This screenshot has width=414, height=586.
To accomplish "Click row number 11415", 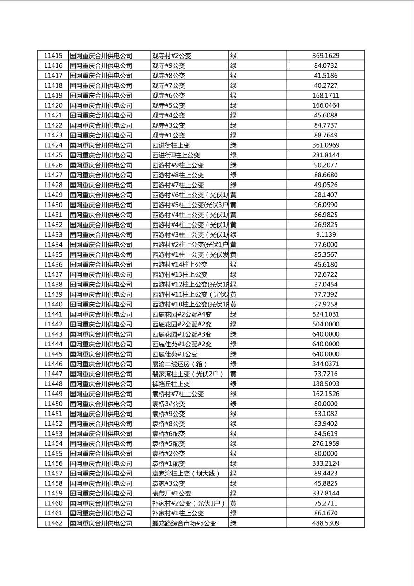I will [53, 55].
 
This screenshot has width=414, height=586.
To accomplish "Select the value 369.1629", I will [325, 55].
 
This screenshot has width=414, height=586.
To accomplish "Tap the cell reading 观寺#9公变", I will [168, 65].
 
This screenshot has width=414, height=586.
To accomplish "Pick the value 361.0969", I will [325, 145].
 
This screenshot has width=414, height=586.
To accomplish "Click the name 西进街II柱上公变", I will [176, 155].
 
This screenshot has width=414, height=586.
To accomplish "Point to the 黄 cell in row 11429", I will [233, 195].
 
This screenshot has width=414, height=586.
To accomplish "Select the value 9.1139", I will [325, 234].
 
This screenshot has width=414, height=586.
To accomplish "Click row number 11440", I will [53, 304].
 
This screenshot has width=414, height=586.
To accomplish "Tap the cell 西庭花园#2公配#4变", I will [182, 314].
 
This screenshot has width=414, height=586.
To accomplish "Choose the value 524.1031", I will [325, 314].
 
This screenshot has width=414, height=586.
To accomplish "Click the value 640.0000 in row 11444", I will [325, 344].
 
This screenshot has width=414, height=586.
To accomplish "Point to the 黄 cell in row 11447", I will [233, 374].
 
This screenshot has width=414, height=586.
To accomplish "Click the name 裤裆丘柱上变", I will [171, 384].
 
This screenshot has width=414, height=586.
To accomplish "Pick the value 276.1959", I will [325, 443].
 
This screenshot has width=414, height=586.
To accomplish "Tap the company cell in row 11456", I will [101, 463].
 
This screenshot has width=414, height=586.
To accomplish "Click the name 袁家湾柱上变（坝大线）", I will [186, 473].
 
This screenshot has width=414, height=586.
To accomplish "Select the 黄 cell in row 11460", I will [233, 503].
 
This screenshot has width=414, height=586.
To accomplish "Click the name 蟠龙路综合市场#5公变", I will [184, 523].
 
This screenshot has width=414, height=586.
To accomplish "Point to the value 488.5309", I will [325, 523].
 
